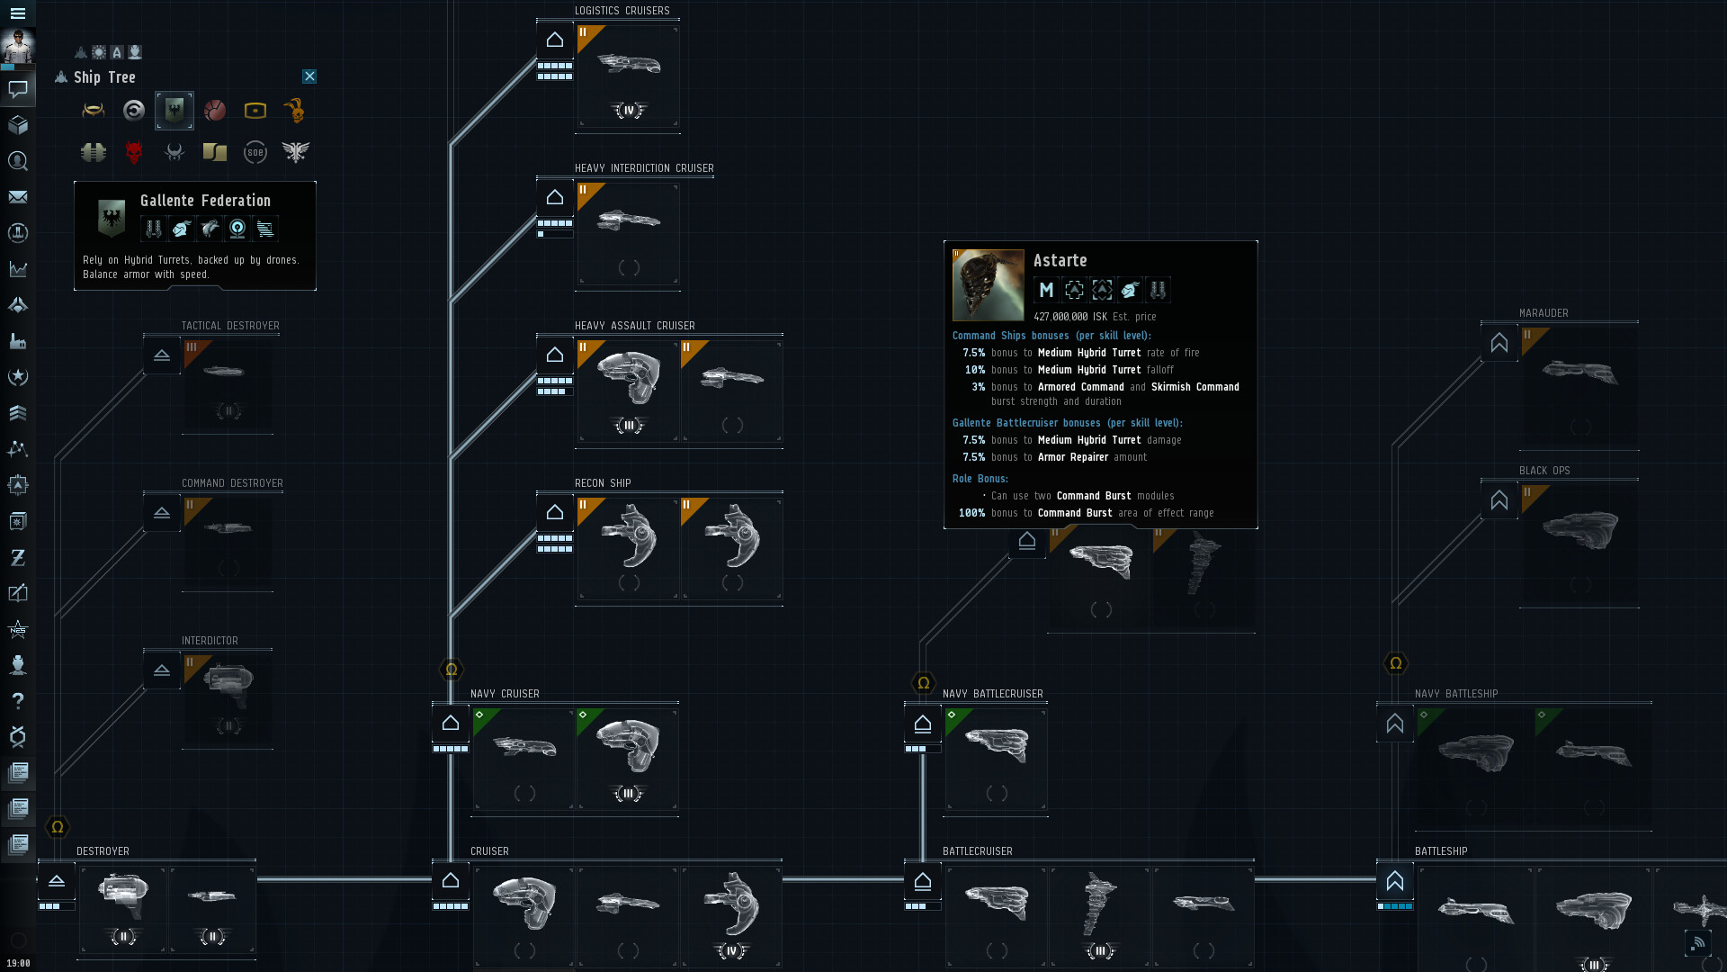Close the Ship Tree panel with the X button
point(309,76)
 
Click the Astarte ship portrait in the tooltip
point(989,285)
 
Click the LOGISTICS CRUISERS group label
point(622,11)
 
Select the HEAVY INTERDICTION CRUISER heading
point(644,168)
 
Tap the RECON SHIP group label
point(603,483)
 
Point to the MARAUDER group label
point(1544,313)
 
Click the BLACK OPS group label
point(1544,471)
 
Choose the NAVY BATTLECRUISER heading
point(993,694)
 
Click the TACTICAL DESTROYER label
point(230,326)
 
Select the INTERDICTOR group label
point(210,641)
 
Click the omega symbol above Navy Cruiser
point(452,670)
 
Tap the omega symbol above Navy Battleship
point(1396,664)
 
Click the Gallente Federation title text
point(205,201)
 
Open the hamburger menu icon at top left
point(18,13)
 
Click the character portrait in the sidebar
point(18,47)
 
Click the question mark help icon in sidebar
point(18,701)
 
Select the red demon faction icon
point(134,152)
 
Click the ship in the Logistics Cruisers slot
point(629,65)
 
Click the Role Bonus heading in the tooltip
point(980,479)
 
